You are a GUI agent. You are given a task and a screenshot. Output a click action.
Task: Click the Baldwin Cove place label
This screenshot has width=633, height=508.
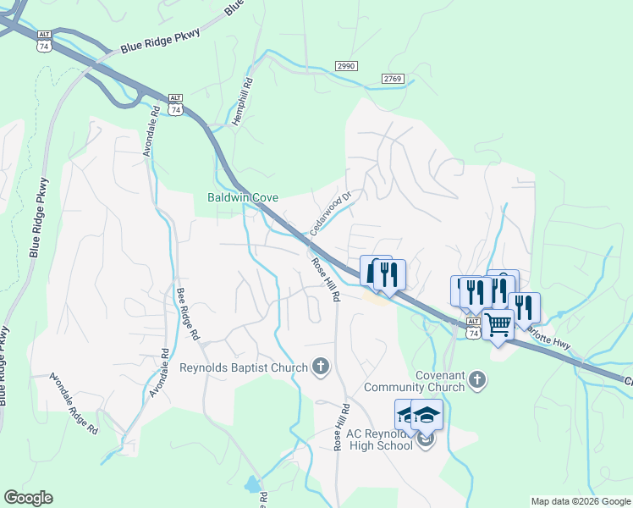(x=244, y=198)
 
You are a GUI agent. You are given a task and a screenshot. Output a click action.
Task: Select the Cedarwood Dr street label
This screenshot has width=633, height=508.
(x=330, y=213)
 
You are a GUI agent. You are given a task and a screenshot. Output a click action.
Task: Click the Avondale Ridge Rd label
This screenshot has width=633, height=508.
(x=74, y=404)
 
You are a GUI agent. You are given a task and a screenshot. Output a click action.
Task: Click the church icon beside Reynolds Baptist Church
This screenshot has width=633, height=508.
(x=321, y=367)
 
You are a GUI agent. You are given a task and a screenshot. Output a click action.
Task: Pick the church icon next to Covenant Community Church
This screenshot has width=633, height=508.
(x=477, y=380)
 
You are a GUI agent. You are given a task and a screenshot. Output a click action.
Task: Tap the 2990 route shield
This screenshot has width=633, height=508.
(x=346, y=66)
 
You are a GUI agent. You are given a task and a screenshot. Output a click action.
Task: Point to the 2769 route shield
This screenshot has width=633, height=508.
(x=392, y=79)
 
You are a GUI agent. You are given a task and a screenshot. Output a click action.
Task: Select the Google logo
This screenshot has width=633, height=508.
(x=28, y=498)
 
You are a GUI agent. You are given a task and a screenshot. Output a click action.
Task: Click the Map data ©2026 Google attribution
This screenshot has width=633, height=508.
(x=581, y=501)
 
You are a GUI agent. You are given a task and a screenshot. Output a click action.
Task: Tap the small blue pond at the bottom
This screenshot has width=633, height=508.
(x=251, y=485)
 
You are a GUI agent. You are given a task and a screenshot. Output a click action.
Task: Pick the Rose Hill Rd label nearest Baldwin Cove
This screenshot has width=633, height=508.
(x=324, y=281)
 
